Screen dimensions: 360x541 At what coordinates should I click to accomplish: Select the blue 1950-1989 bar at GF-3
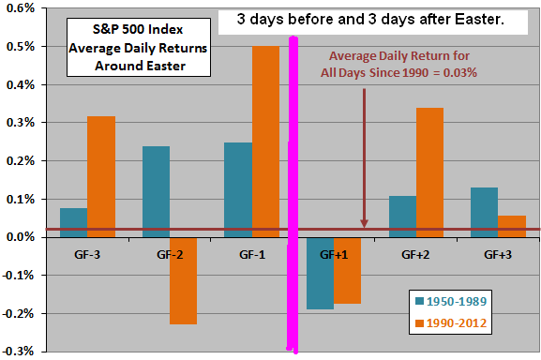pyautogui.click(x=73, y=222)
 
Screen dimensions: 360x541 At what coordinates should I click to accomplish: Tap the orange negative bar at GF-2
pyautogui.click(x=184, y=280)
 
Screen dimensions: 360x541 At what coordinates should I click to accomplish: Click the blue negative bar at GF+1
pyautogui.click(x=321, y=273)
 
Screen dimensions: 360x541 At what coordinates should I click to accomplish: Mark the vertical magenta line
pyautogui.click(x=293, y=187)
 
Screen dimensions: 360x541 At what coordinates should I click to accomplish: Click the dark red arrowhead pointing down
pyautogui.click(x=365, y=223)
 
